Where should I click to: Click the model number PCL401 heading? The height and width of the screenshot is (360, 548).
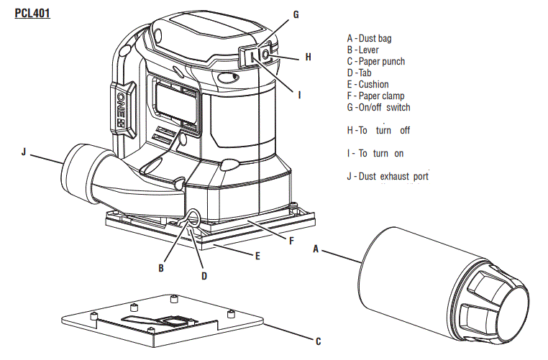pyautogui.click(x=32, y=13)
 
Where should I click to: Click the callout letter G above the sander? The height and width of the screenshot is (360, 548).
pyautogui.click(x=296, y=14)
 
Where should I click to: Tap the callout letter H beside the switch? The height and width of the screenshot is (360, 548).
pyautogui.click(x=308, y=56)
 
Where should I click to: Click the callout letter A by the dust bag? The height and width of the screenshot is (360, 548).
pyautogui.click(x=315, y=249)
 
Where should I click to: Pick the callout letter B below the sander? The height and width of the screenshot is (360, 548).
pyautogui.click(x=162, y=268)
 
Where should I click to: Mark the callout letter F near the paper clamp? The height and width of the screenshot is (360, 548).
pyautogui.click(x=291, y=241)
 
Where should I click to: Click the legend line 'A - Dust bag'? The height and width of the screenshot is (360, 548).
pyautogui.click(x=369, y=38)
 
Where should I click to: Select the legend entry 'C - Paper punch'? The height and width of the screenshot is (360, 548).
pyautogui.click(x=375, y=61)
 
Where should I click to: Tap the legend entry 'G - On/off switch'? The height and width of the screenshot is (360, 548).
pyautogui.click(x=378, y=107)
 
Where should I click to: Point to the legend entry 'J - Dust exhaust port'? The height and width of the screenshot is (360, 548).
pyautogui.click(x=388, y=176)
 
